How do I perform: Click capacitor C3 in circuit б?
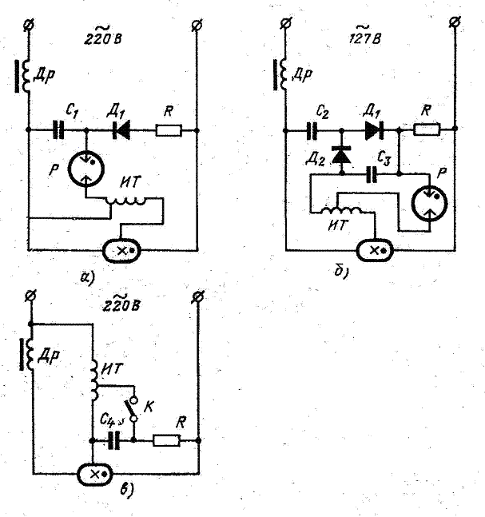point(371,171)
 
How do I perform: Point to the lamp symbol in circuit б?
point(376,250)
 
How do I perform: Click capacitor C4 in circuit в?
point(114,439)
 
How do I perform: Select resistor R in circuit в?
point(167,439)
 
